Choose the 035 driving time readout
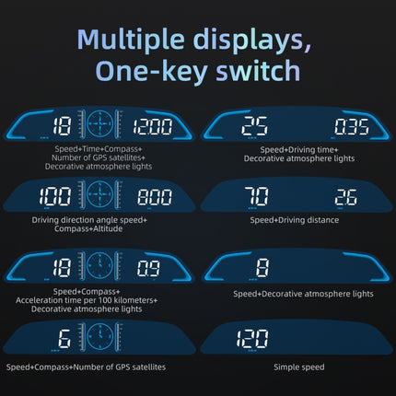(x=350, y=126)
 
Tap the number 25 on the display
(x=254, y=126)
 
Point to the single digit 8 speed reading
(x=262, y=268)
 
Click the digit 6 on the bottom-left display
(x=64, y=336)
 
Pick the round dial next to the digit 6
(x=101, y=335)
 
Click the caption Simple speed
(x=297, y=367)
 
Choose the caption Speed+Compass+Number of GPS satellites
(x=87, y=367)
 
